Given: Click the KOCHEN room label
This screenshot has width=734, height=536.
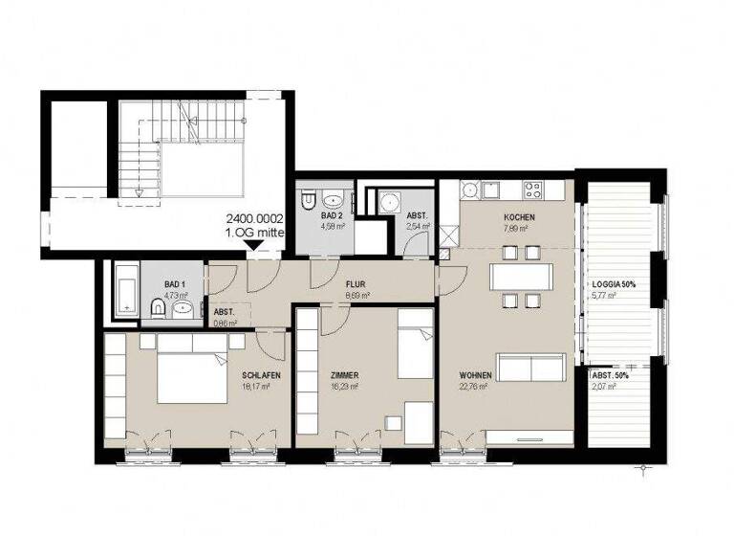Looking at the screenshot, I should [x=519, y=217].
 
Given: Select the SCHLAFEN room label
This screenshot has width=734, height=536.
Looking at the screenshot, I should [x=261, y=375].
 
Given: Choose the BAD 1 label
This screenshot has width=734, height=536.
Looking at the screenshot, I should [x=174, y=285].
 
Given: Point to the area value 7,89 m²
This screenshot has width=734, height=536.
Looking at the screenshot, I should [x=519, y=229].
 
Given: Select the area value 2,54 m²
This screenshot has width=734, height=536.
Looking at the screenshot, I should [x=418, y=227].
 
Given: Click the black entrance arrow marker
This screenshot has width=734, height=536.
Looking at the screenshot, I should [x=254, y=246].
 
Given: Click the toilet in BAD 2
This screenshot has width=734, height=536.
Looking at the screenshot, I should [x=308, y=201].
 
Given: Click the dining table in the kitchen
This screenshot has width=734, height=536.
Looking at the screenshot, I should [x=521, y=277].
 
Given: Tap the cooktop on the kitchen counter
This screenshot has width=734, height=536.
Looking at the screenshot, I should [x=531, y=188].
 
